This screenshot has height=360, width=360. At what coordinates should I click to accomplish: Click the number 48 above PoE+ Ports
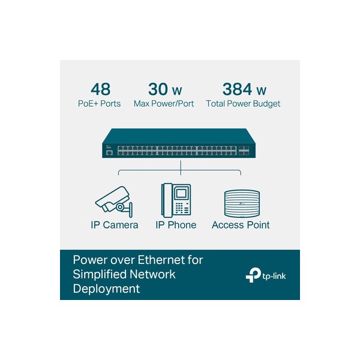pos(101,89)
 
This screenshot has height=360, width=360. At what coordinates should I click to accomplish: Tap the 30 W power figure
pos(165,89)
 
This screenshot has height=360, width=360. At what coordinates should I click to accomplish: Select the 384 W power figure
pos(244,89)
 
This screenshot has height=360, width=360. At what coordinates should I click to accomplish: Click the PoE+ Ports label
pos(99,104)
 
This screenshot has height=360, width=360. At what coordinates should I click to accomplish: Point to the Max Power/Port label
pos(164,104)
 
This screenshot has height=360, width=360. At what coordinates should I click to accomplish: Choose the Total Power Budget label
pos(243,104)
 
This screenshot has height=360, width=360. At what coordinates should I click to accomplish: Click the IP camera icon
pos(114,202)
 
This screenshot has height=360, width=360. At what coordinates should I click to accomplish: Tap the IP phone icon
pos(176,200)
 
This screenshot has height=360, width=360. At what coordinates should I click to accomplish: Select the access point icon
pos(242,203)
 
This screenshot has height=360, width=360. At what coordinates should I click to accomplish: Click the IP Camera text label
pos(115,225)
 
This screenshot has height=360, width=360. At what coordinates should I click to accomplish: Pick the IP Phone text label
pos(176,225)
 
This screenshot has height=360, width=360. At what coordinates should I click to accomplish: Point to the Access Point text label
pos(241,225)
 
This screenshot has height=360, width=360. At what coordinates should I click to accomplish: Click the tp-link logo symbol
pos(253,275)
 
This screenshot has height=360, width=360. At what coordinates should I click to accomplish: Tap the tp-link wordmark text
pos(274,276)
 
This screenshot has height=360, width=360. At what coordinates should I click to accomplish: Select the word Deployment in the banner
pos(106,289)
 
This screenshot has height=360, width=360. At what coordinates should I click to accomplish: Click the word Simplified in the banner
pos(100,275)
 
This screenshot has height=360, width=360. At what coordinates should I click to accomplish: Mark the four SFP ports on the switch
pos(244,151)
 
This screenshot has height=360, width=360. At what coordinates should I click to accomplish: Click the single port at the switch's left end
pos(110,153)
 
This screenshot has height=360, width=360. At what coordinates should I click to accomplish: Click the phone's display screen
pos(181,193)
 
